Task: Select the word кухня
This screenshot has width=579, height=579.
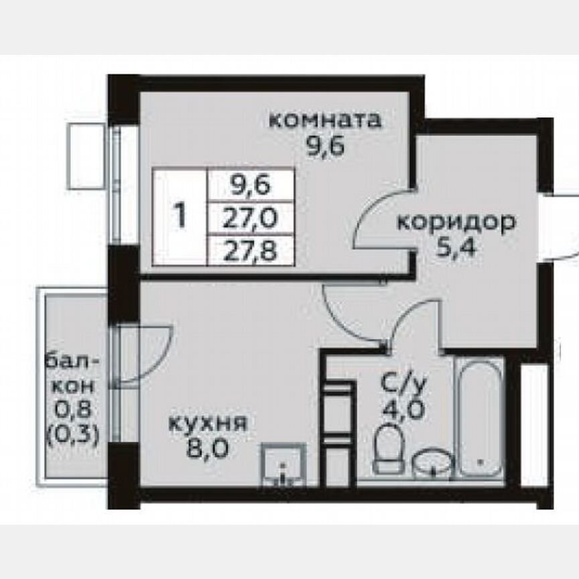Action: (208, 424)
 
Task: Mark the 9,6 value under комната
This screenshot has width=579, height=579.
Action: (325, 146)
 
